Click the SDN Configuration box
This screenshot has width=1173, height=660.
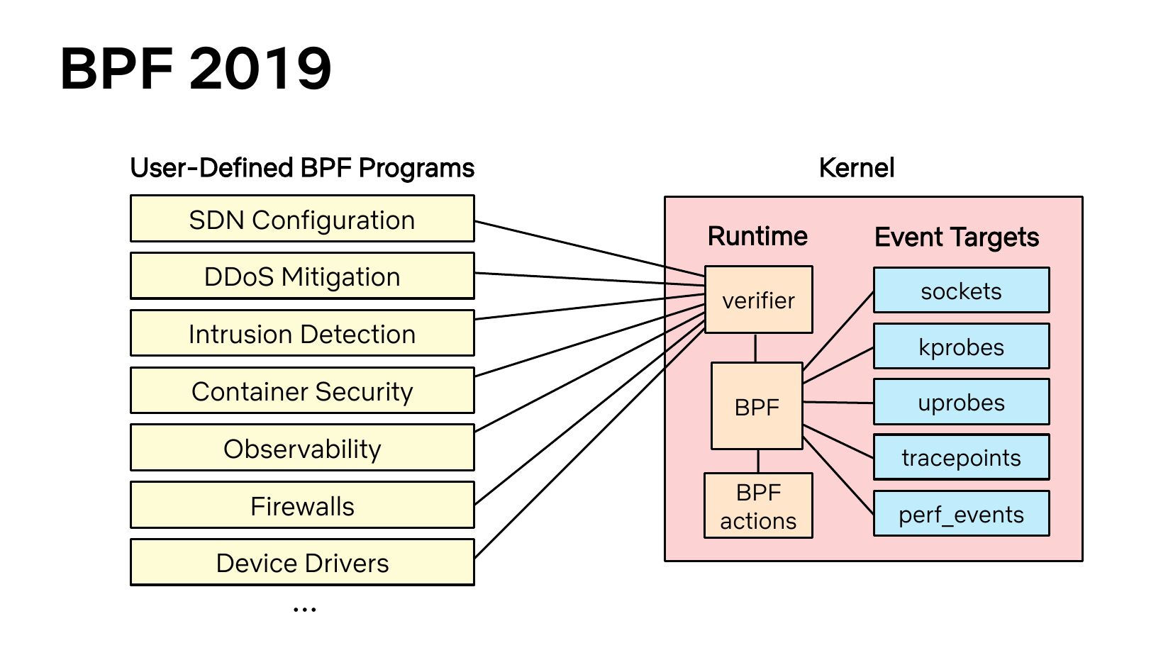(302, 219)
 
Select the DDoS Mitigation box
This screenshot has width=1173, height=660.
(302, 276)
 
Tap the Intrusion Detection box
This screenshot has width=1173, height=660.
(302, 333)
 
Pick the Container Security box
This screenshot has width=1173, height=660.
(302, 391)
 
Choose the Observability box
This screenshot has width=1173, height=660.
(302, 448)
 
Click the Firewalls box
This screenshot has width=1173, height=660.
(302, 505)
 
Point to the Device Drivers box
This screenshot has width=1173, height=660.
(302, 563)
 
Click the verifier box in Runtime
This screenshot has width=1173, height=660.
(759, 300)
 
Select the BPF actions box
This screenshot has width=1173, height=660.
(758, 505)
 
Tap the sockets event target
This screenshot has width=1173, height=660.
(962, 291)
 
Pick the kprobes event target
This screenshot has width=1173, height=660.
(962, 346)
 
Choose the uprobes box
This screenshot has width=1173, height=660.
(962, 402)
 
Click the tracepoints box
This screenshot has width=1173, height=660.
(962, 457)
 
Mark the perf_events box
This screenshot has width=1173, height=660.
(962, 513)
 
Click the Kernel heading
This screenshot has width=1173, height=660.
(857, 168)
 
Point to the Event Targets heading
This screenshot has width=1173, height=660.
(957, 237)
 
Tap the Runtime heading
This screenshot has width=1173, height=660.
(757, 236)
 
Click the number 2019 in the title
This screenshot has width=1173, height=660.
(260, 69)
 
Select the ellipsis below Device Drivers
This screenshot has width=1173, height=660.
(305, 610)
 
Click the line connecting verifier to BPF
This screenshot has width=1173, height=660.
(755, 348)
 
